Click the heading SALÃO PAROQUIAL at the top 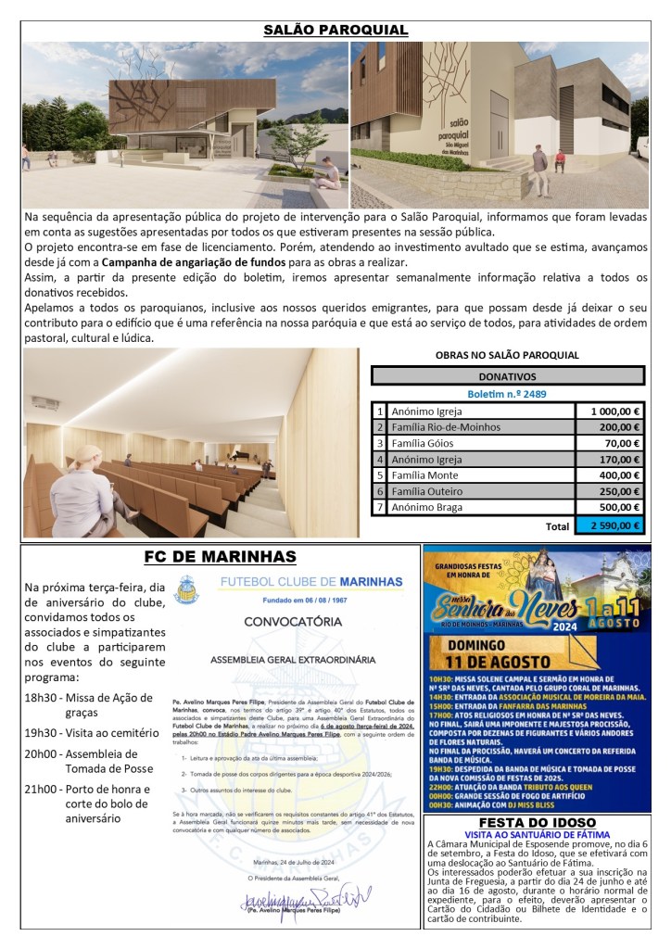point(335,31)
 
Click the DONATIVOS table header point(507,377)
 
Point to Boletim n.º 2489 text point(507,394)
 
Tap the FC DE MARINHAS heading point(221,556)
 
